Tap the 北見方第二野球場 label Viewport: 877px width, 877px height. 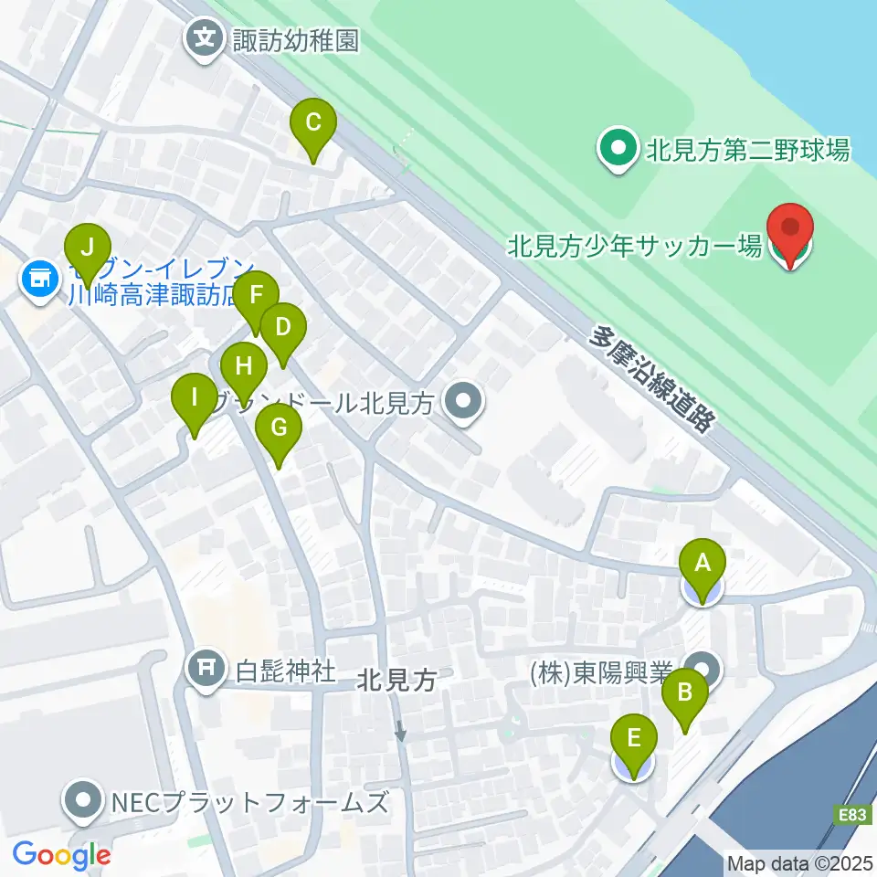click(x=748, y=149)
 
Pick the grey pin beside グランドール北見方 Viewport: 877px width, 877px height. click(x=464, y=402)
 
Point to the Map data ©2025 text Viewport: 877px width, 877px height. click(x=799, y=863)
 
